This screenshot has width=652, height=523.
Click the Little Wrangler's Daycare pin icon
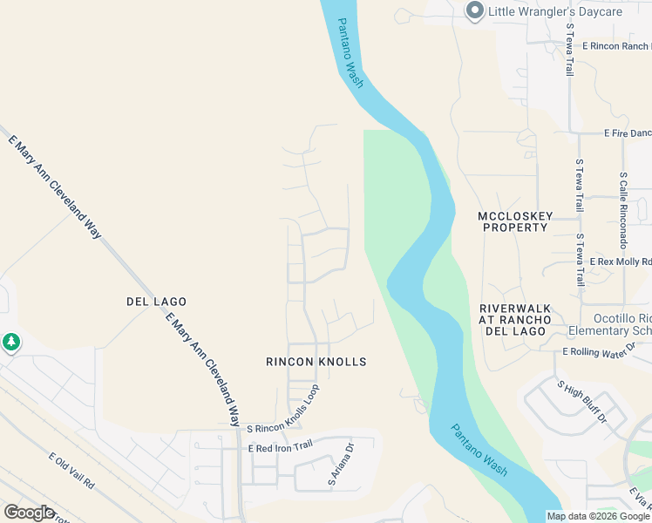474,11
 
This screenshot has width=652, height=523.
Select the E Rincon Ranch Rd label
615,45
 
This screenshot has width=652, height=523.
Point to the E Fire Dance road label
627,133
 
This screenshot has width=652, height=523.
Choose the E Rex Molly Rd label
621,261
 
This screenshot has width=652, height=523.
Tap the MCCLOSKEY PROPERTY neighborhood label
513,221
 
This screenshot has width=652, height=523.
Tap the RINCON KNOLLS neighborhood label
316,362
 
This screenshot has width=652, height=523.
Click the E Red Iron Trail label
280,448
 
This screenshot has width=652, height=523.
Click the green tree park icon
10,343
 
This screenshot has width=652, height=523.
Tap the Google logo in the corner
29,513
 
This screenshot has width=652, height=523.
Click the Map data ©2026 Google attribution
597,516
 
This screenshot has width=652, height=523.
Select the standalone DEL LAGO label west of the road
157,302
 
